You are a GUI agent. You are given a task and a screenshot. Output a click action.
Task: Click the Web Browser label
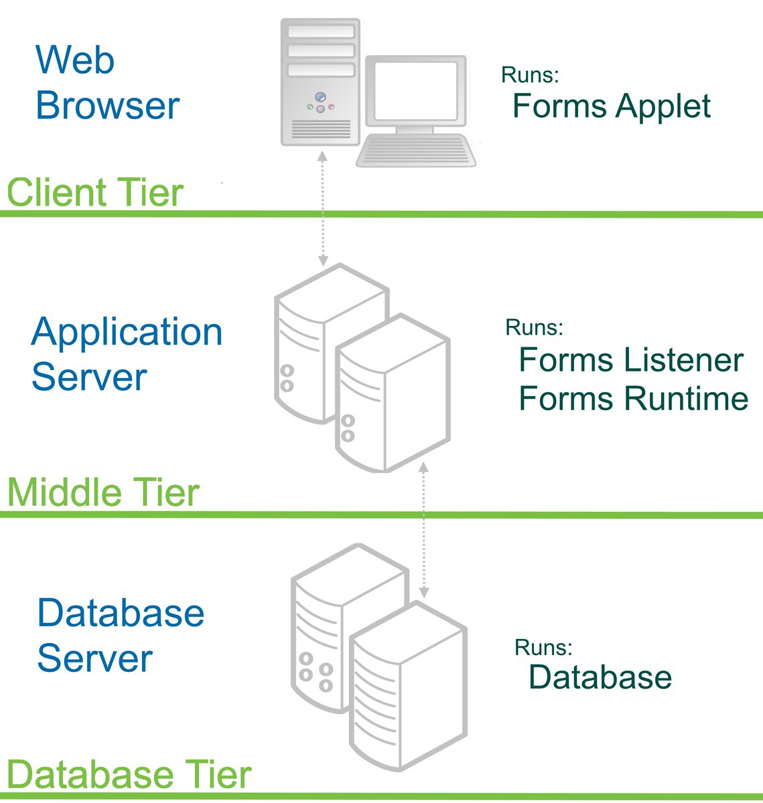(107, 82)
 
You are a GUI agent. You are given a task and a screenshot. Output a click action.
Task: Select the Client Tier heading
(94, 193)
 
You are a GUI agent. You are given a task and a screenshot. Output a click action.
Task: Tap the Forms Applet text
(611, 106)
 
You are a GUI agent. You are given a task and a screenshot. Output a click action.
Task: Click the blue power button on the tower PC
(320, 96)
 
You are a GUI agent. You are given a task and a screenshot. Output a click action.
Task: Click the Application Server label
(126, 354)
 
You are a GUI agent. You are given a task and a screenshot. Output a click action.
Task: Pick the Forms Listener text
(630, 360)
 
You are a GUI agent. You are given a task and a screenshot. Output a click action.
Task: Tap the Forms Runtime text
(633, 399)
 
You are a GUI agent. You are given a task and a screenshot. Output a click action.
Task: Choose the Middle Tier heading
(103, 493)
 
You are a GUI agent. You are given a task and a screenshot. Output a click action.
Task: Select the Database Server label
(121, 635)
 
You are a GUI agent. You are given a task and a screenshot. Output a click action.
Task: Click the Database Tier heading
(129, 775)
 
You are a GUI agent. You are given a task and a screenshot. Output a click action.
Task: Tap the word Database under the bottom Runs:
(600, 677)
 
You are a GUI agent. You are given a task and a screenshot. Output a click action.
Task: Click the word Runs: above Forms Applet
(529, 75)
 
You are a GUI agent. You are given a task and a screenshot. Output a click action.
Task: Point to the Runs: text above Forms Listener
(534, 327)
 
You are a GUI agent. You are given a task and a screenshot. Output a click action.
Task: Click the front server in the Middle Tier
(392, 395)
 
